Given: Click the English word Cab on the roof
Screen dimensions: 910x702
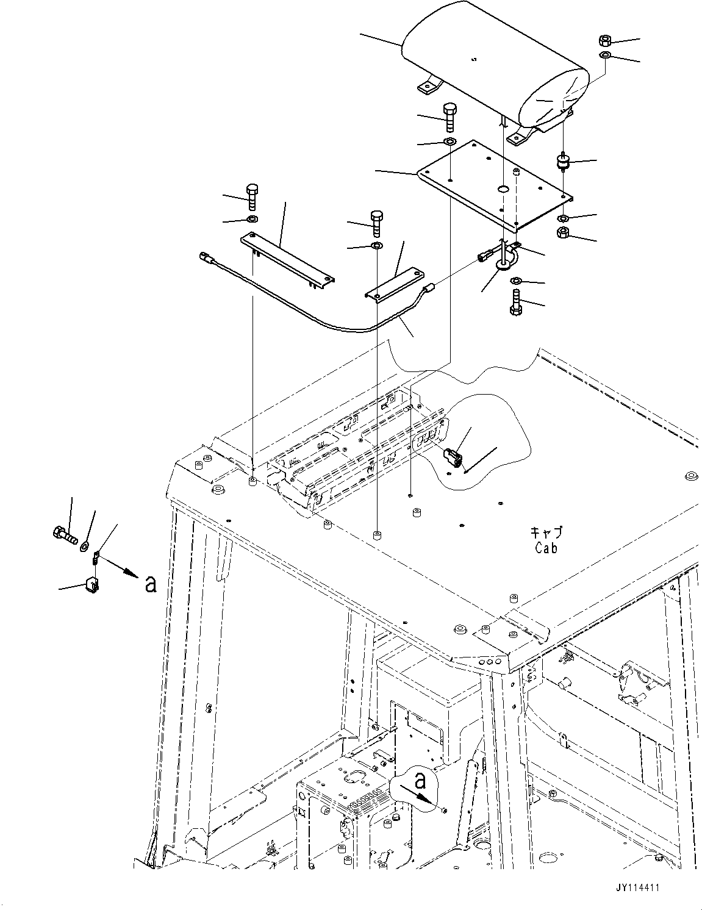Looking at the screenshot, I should click(546, 548).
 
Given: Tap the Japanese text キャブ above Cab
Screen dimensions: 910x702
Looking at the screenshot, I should click(546, 533).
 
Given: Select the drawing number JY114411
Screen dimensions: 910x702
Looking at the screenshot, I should click(637, 890).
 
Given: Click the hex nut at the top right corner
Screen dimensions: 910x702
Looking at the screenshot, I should click(605, 41).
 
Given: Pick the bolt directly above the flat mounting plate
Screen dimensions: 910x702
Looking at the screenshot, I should click(450, 116).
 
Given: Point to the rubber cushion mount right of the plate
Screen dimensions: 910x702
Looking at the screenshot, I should click(562, 163).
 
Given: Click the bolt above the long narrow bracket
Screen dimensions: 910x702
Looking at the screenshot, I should click(252, 195).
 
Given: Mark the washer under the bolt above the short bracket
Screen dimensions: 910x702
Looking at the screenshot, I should click(376, 246).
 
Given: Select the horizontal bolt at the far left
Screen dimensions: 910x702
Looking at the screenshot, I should click(63, 535).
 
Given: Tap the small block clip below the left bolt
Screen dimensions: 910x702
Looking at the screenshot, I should click(91, 584).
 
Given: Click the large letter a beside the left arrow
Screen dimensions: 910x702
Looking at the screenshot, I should click(150, 584).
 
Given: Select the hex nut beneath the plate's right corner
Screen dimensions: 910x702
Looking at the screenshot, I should click(564, 232).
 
